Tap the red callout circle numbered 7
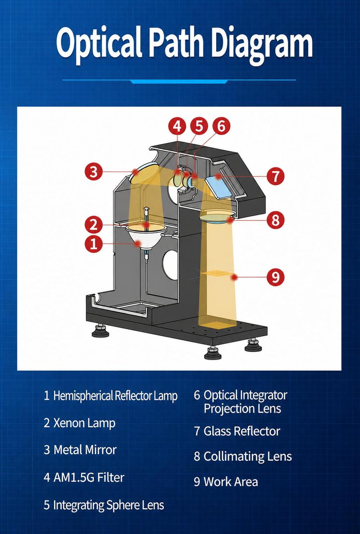pos(275,176)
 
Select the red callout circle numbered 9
pos(275,277)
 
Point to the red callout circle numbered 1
pos(94,244)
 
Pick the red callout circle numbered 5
pos(199,126)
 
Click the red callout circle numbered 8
pos(275,219)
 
